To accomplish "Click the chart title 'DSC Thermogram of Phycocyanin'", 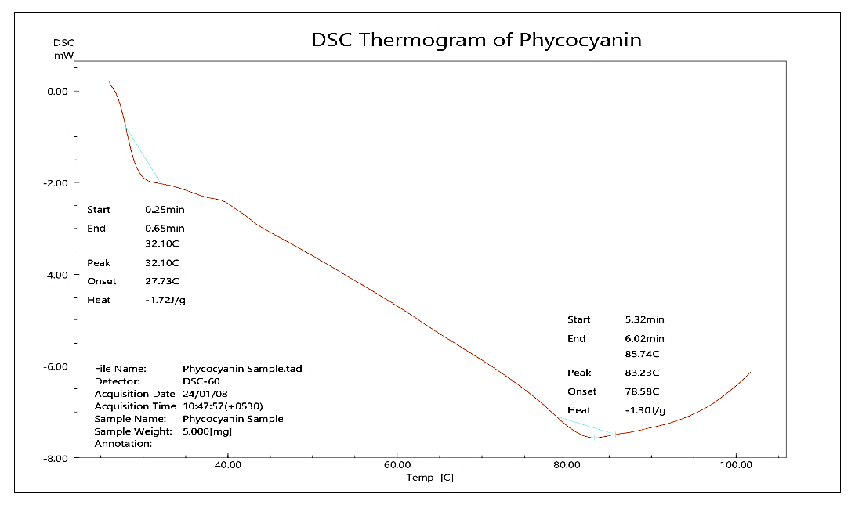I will [x=476, y=40].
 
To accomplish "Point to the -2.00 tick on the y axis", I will [x=57, y=183].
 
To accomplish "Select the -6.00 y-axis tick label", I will [x=57, y=366].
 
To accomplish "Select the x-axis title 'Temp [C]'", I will [x=429, y=477].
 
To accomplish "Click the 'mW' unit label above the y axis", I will [x=63, y=56].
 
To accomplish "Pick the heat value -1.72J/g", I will [x=165, y=300].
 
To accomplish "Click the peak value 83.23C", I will [x=642, y=373].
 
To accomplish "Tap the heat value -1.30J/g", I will [x=644, y=410].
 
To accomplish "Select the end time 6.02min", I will [x=644, y=338].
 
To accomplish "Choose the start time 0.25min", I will [x=165, y=210].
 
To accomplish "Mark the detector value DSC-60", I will [x=201, y=381].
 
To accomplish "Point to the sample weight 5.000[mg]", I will [x=207, y=431].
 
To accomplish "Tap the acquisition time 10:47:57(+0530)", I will [x=223, y=406].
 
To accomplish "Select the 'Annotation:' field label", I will [x=123, y=444].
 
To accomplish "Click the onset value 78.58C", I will [x=642, y=391].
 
